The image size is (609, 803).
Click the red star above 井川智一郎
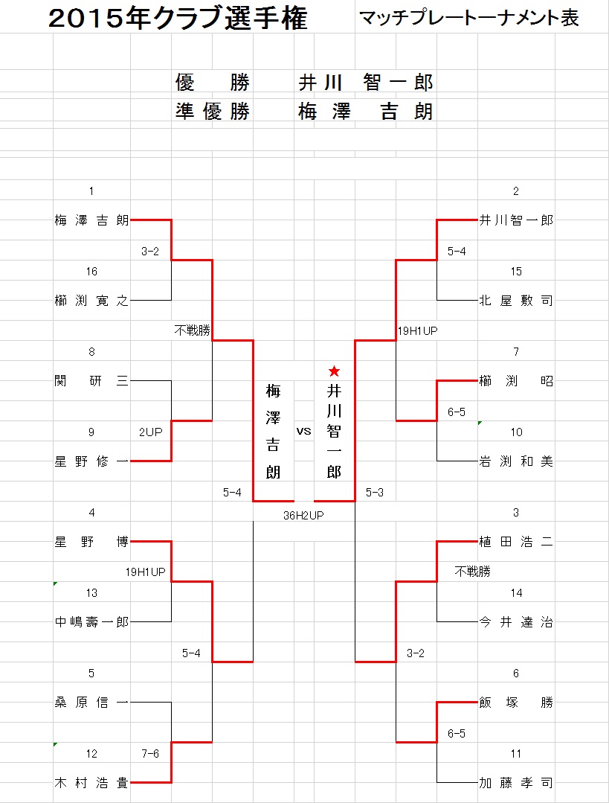point(334,371)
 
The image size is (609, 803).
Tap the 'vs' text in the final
point(303,431)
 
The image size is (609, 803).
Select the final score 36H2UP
point(303,515)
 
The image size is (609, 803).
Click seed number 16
point(91,272)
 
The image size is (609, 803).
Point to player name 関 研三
point(91,381)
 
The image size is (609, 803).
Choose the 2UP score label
point(150,432)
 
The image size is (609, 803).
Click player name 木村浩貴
point(91,782)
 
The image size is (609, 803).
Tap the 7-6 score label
point(150,753)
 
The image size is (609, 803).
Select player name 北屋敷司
point(516,301)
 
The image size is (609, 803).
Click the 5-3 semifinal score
point(375,492)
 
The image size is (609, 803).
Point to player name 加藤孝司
point(516,782)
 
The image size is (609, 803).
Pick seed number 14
point(516,592)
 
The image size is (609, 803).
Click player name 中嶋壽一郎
point(91,621)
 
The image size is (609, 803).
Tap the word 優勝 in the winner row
point(213,82)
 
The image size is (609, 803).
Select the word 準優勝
point(213,111)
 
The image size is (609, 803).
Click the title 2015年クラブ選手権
point(178,19)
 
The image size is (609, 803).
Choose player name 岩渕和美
point(516,461)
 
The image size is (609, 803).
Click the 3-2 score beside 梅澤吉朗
point(150,251)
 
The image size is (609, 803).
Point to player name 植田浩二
point(516,542)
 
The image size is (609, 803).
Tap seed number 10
point(516,432)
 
